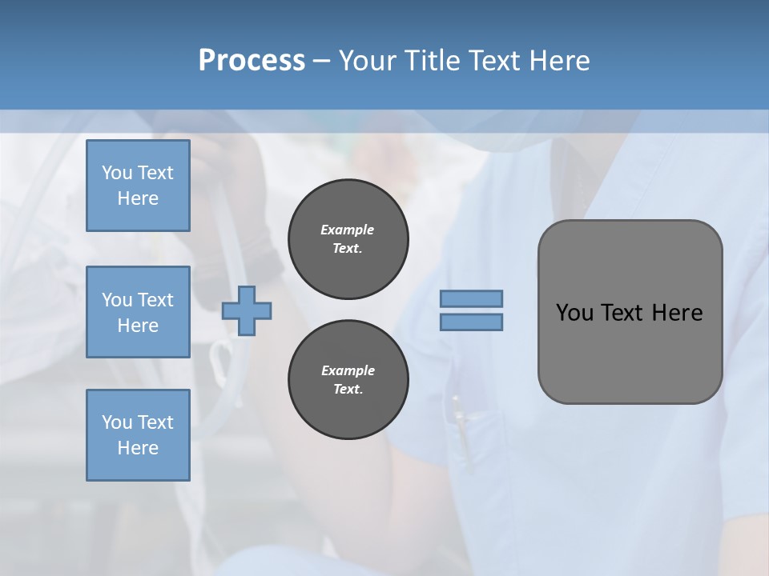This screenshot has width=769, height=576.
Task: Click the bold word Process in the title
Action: point(252,61)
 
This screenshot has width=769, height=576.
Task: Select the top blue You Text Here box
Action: point(138,186)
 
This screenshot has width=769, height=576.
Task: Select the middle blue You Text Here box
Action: point(138,312)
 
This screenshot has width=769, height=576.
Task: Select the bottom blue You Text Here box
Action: point(138,435)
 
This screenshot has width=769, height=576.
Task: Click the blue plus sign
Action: point(247,311)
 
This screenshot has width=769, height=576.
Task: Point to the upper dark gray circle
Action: point(348,239)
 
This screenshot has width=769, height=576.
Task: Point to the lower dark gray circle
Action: point(348,380)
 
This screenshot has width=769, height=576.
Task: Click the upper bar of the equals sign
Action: point(471,298)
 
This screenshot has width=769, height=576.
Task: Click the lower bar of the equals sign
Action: point(471,322)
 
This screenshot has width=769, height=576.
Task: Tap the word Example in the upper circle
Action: point(348,230)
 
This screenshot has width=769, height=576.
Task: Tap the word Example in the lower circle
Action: point(348,370)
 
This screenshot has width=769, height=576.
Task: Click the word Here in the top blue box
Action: point(138,198)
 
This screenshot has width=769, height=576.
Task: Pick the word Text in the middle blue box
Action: point(155,300)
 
